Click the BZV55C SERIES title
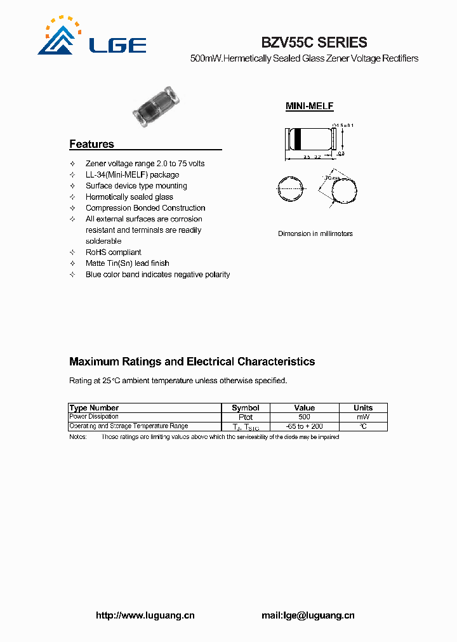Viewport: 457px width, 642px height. pos(314,43)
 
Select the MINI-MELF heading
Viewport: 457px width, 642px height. pos(309,107)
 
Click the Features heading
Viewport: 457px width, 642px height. pos(91,144)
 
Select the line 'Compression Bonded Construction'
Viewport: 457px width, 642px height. pos(145,208)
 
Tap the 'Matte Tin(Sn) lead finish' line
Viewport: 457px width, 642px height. pos(127,263)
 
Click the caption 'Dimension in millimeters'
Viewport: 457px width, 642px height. pos(315,234)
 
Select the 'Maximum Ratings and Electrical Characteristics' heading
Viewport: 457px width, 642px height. pos(192,362)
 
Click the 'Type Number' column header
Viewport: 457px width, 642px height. pos(94,408)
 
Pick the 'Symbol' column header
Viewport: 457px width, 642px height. pos(246,408)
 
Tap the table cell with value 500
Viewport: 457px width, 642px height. pos(305,417)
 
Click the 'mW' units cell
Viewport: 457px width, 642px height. pos(362,417)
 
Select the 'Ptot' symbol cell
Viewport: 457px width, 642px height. pos(246,417)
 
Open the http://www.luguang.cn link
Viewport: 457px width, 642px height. pos(145,615)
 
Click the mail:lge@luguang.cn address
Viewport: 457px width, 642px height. pos(308,615)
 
